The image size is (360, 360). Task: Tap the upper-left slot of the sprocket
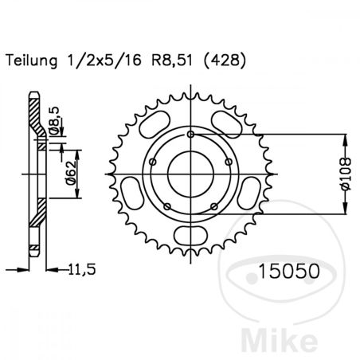[152, 127]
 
